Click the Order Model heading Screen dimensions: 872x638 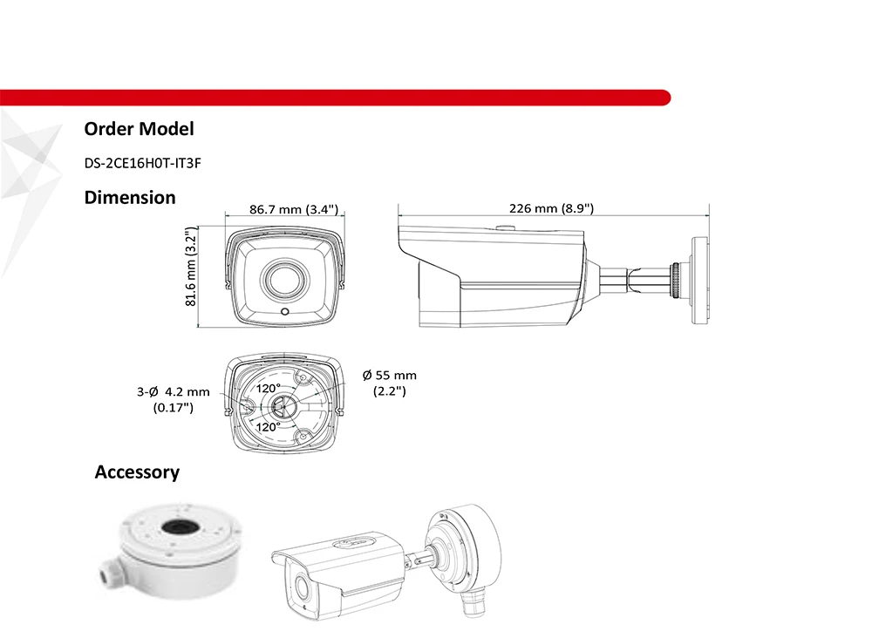click(139, 129)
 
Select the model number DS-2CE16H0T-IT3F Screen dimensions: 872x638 click(142, 163)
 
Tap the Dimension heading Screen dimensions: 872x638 click(130, 198)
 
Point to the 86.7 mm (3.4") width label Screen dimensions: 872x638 click(294, 209)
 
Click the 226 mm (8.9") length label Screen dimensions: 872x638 click(552, 208)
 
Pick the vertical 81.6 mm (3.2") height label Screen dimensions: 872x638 click(191, 267)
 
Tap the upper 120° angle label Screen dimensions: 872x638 click(268, 388)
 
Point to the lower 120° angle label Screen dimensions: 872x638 click(268, 427)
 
